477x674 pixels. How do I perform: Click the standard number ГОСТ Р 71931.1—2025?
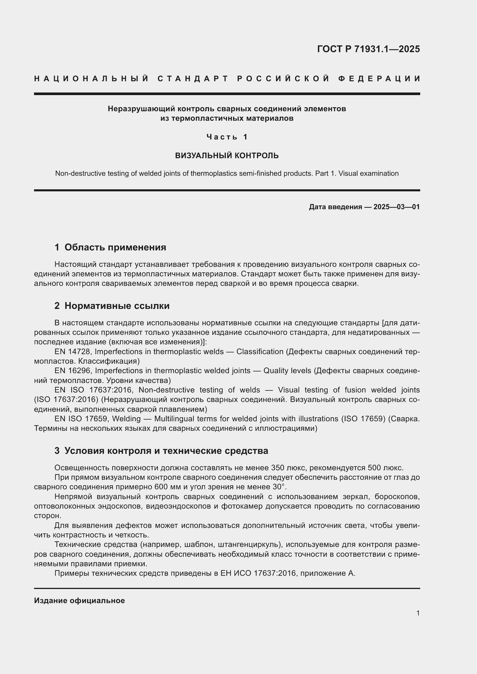368,49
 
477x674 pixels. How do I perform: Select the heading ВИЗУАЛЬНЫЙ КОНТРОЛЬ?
227,156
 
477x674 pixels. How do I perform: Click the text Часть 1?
227,137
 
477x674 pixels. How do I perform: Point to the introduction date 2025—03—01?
397,207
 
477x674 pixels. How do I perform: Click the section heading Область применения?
115,247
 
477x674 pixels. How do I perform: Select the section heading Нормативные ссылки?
117,306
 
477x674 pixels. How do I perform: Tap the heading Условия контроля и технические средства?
166,451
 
